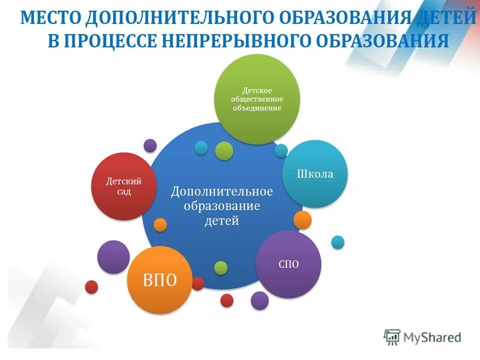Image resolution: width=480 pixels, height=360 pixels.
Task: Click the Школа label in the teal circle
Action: pos(315,174)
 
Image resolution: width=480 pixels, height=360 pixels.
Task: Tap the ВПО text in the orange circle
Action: pos(160,280)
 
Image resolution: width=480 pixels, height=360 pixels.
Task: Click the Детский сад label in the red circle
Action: pos(123,186)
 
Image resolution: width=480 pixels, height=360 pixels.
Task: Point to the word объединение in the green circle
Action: pos(257,107)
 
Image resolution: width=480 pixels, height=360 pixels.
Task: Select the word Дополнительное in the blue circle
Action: pos(222,191)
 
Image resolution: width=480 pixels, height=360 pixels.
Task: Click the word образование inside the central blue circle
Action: pos(222,206)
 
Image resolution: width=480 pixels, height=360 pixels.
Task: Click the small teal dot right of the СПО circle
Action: pos(338,242)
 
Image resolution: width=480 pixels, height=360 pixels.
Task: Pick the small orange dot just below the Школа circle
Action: pos(302,219)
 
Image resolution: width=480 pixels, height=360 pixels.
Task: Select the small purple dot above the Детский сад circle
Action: pos(150,145)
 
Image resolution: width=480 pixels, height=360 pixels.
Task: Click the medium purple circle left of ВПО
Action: pos(113,257)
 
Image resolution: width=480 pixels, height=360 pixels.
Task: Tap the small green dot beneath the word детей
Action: pos(221,267)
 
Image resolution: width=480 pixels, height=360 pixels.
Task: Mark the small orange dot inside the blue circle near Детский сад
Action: pos(160,224)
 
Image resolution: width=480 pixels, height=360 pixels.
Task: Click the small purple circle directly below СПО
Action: pos(259,300)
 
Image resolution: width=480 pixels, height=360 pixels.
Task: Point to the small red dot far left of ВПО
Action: pos(91,286)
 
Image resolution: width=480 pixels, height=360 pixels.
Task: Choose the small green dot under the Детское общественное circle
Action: pos(224,150)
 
